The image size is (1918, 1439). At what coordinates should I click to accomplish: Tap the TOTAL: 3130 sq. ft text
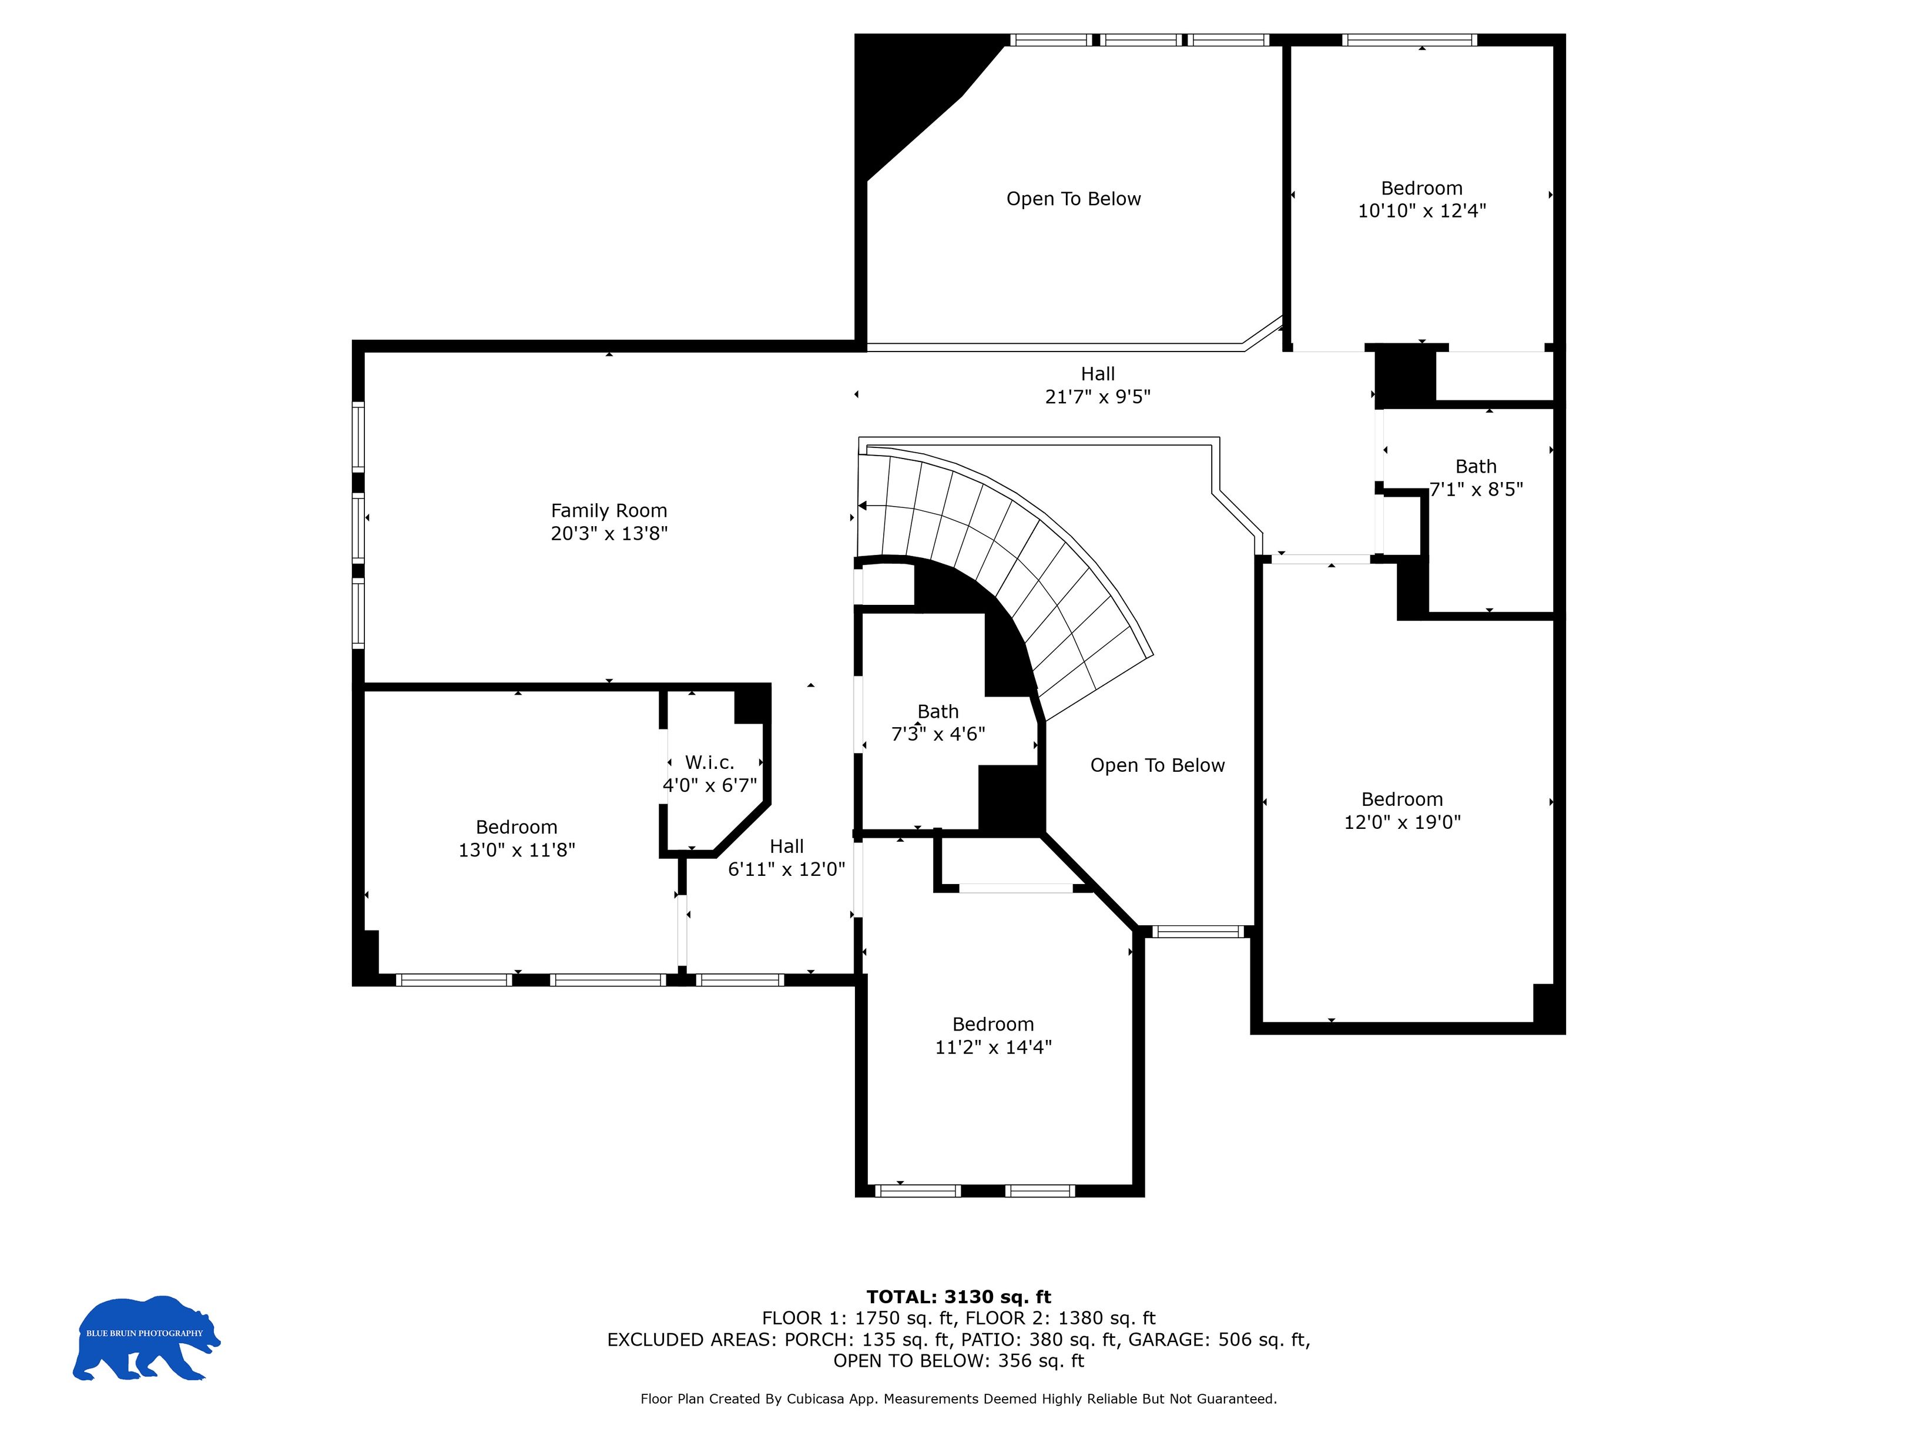(x=958, y=1297)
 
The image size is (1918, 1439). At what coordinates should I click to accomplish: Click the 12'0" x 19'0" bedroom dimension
(x=1402, y=822)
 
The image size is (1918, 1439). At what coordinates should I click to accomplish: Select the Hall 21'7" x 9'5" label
(x=1097, y=385)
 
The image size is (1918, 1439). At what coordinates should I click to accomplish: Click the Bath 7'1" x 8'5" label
(x=1476, y=478)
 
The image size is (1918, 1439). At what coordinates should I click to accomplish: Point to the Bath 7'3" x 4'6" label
(x=938, y=722)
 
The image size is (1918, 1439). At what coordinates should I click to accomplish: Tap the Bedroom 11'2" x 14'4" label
(x=993, y=1036)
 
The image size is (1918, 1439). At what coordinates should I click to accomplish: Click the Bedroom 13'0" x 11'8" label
(x=517, y=838)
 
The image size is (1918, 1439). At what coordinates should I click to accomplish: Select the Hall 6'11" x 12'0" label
(x=786, y=857)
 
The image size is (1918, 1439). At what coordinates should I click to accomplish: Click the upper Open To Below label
(x=1074, y=199)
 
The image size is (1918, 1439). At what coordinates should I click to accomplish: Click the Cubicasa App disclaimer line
(x=958, y=1398)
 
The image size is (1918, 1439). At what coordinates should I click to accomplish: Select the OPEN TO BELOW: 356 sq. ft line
(x=958, y=1360)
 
